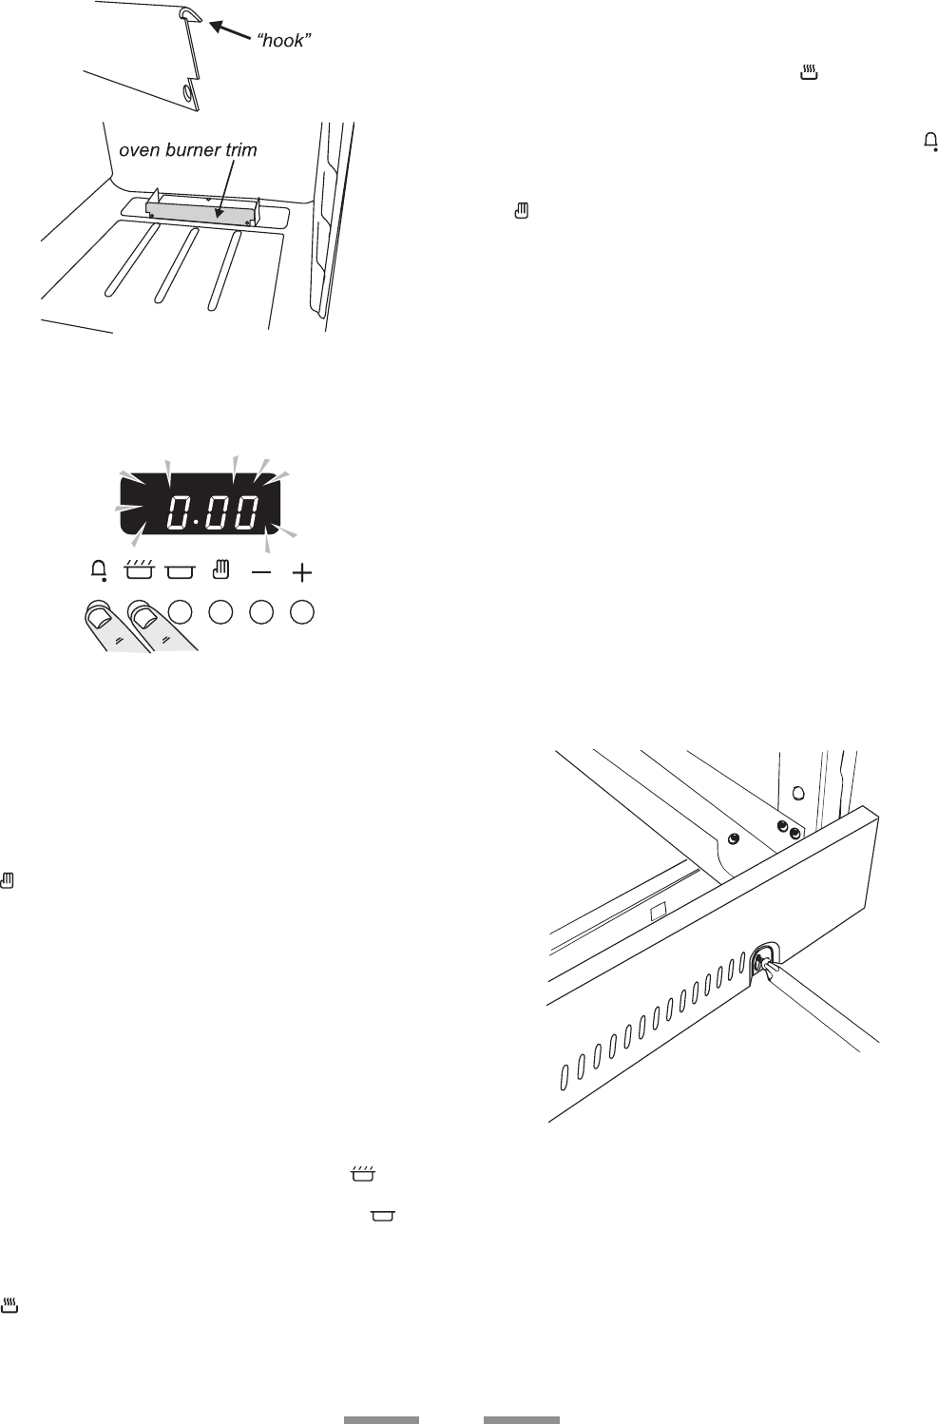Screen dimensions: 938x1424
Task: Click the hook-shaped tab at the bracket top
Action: [x=190, y=12]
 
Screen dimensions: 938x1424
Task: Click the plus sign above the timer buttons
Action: [x=302, y=573]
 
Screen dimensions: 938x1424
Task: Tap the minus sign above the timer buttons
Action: [x=261, y=573]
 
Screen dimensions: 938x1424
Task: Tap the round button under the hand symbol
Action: [x=220, y=612]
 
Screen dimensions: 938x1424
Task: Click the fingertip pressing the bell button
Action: [x=97, y=614]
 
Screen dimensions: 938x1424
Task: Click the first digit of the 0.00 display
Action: [x=176, y=514]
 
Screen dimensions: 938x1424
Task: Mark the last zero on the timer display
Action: [x=246, y=514]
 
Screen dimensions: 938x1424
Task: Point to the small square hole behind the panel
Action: [x=656, y=910]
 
